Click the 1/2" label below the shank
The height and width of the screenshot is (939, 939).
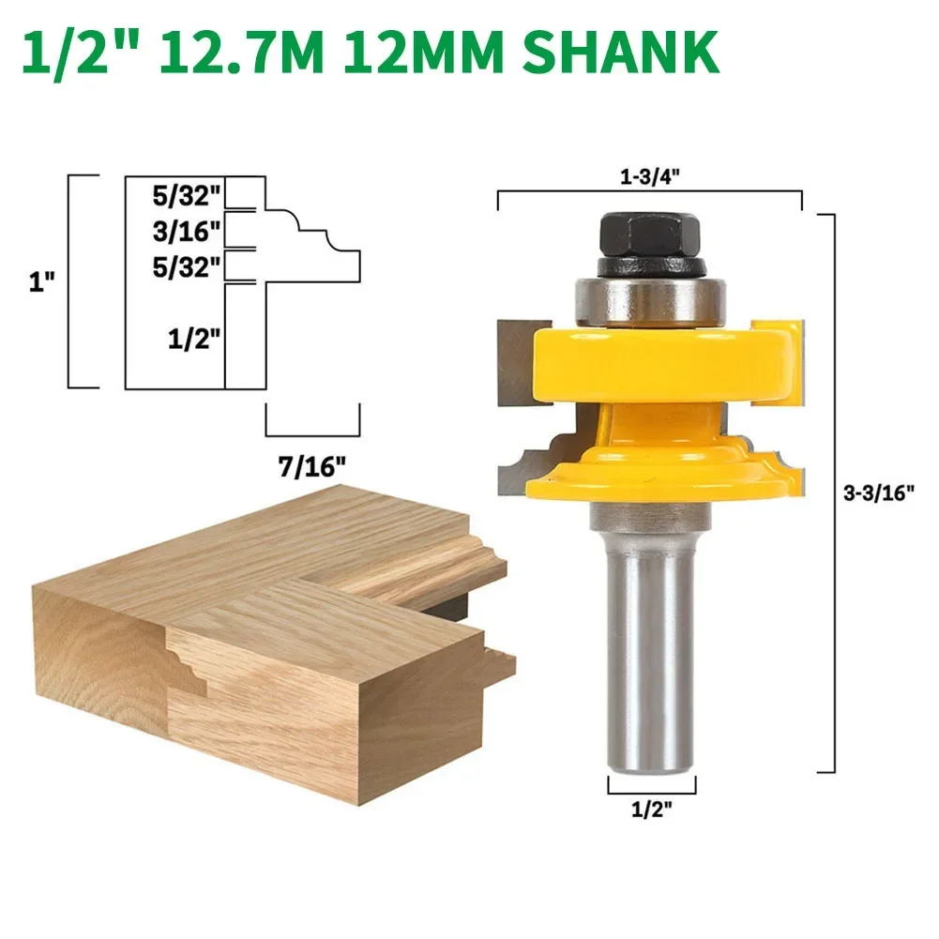click(x=652, y=809)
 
